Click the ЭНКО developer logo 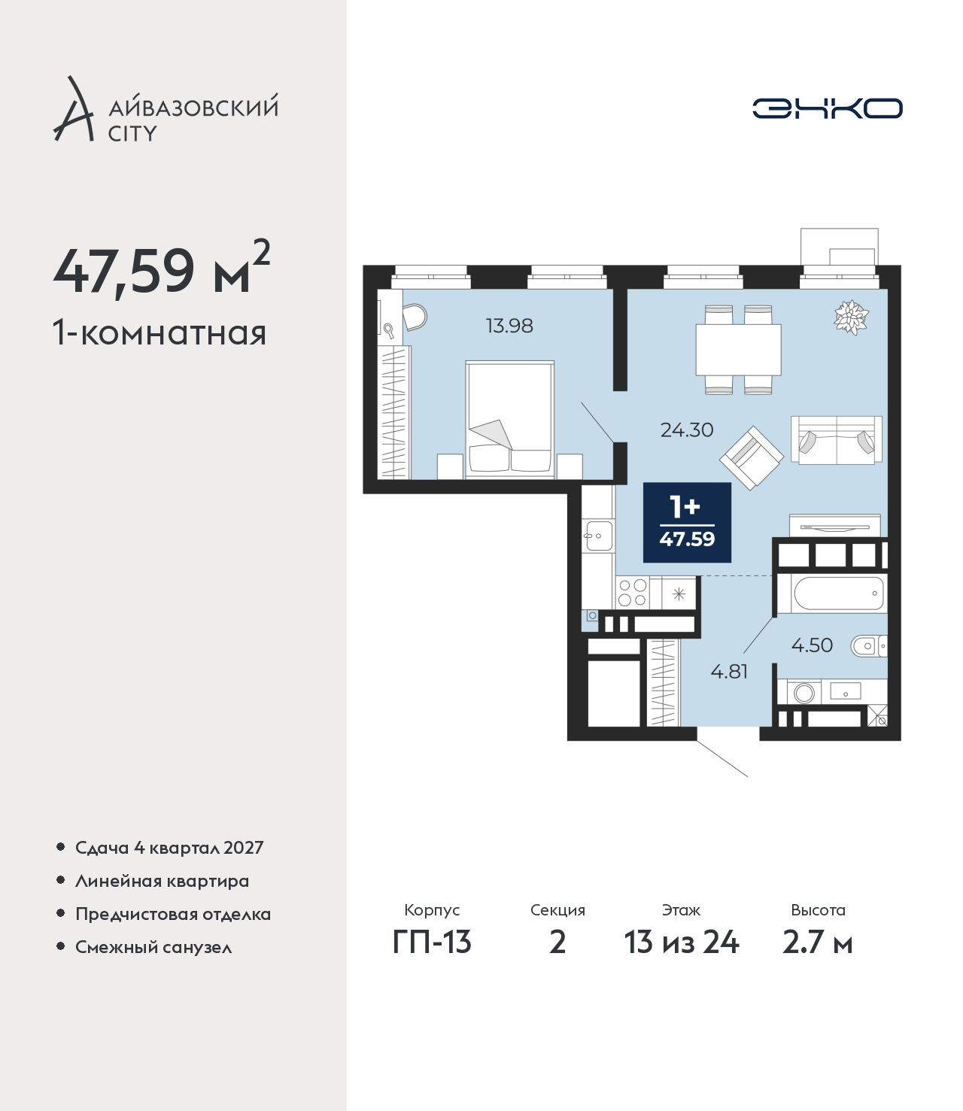827,108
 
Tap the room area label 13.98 509,326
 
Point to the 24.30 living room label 687,430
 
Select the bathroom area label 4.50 812,645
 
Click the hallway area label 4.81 729,672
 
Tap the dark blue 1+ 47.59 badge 687,523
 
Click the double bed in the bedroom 510,420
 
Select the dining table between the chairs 738,350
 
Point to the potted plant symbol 851,317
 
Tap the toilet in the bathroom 869,646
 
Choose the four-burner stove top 632,592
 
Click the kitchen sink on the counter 599,536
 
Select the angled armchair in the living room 752,457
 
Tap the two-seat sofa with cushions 836,440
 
